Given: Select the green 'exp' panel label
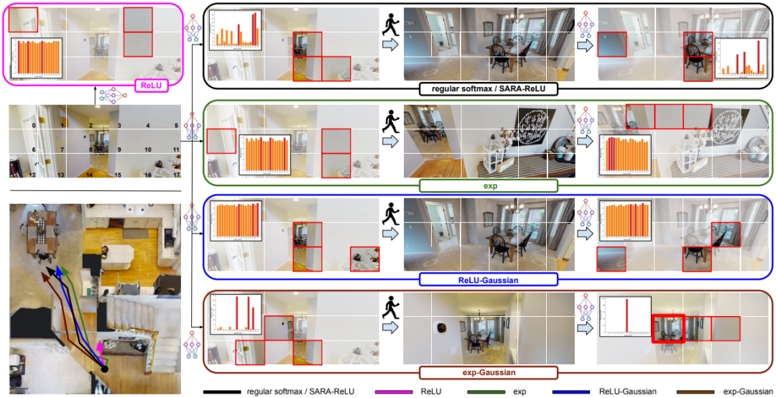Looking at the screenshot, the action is pyautogui.click(x=488, y=186).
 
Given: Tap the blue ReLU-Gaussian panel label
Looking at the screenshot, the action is pyautogui.click(x=488, y=280).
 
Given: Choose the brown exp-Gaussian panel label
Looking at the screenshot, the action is pyautogui.click(x=488, y=373).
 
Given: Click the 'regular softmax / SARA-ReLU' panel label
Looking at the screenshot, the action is pyautogui.click(x=488, y=89).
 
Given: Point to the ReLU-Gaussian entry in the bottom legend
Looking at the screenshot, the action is pyautogui.click(x=628, y=392).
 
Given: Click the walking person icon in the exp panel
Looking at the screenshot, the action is pyautogui.click(x=391, y=118).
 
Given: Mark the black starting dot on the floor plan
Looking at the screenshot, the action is pyautogui.click(x=104, y=369).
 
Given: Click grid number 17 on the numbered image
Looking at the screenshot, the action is pyautogui.click(x=175, y=174).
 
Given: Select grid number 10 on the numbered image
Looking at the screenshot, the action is pyautogui.click(x=147, y=149).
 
